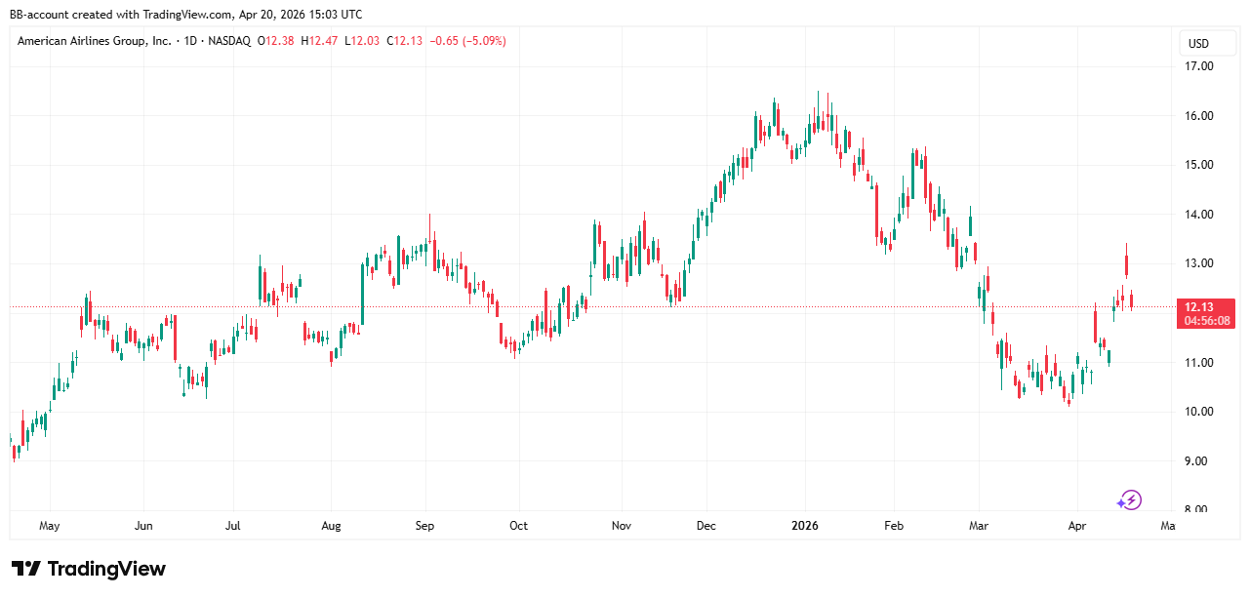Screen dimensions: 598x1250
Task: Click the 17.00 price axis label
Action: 1199,66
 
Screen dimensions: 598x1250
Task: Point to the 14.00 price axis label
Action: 1199,215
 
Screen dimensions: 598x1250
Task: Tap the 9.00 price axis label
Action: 1199,461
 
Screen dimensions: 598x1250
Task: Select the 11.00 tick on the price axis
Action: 1199,363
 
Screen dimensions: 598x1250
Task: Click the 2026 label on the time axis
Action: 805,526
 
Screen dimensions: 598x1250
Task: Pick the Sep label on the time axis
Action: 424,526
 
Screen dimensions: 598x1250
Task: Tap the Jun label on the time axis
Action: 143,526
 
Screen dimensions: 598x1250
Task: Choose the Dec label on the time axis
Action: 706,526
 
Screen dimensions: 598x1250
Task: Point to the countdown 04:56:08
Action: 1205,320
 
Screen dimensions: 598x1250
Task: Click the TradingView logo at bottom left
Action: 89,569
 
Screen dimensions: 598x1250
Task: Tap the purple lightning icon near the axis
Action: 1129,500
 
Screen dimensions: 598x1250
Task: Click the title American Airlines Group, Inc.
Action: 95,41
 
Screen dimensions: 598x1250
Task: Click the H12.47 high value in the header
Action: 320,41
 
